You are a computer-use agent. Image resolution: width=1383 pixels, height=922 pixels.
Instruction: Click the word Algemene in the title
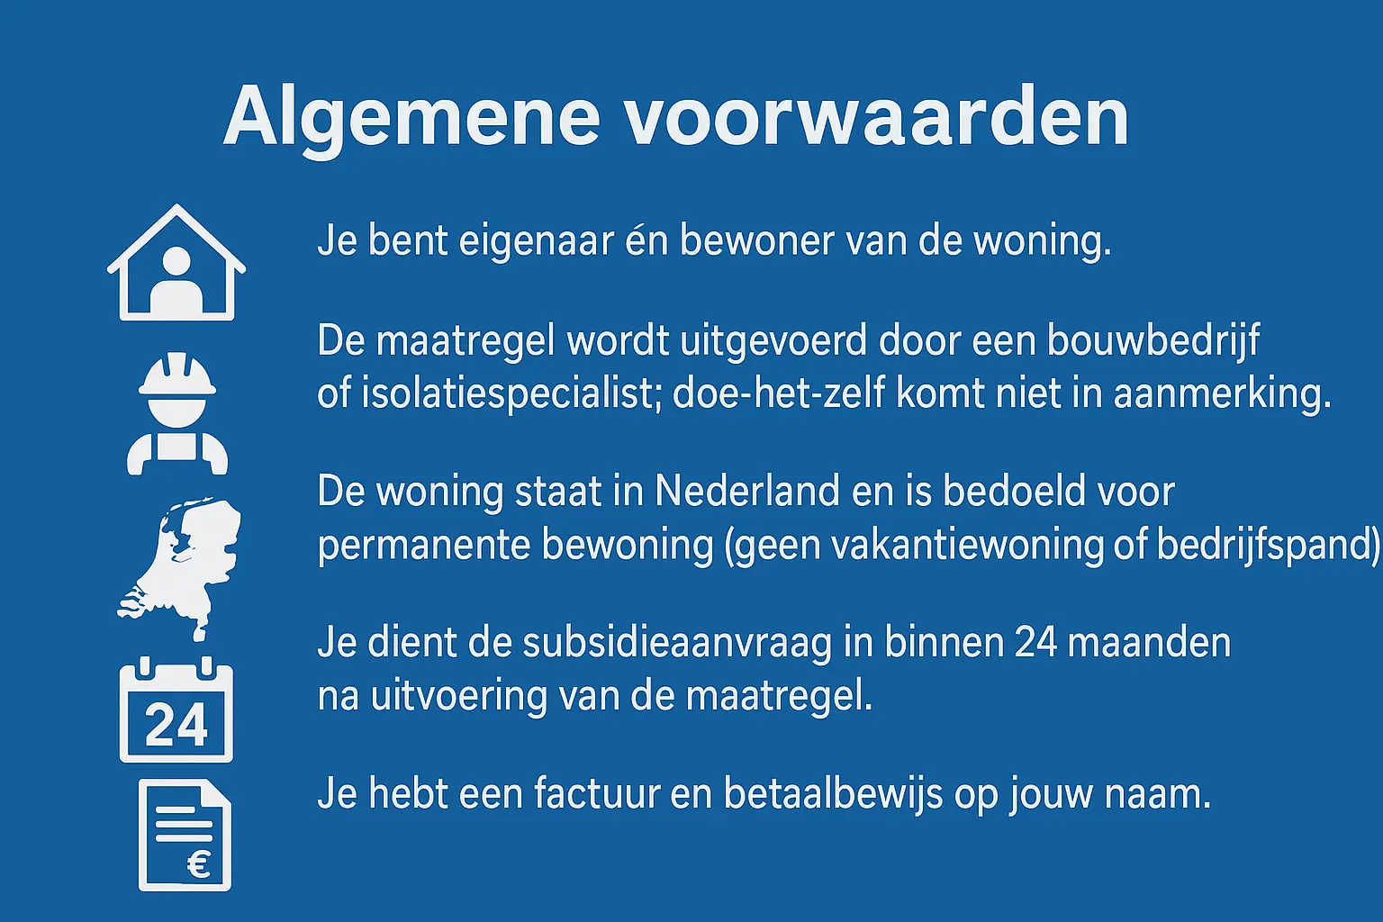point(411,121)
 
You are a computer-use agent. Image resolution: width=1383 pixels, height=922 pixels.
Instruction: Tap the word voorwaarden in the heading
point(877,116)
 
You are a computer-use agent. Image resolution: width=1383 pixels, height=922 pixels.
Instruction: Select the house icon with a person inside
point(176,262)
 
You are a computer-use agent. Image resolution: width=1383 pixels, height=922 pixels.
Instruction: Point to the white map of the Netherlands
point(179,568)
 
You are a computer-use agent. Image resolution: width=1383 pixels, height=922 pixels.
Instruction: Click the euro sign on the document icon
point(199,864)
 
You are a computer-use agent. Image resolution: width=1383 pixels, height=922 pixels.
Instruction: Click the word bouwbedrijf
point(1153,341)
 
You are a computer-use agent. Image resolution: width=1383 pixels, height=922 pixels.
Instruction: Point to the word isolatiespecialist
point(507,394)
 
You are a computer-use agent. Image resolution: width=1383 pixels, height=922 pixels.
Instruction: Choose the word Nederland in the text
point(747,492)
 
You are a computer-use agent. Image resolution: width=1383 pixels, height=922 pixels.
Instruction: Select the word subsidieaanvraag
point(677,644)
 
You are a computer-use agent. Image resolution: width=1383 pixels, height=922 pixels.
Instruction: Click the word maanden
point(1149,643)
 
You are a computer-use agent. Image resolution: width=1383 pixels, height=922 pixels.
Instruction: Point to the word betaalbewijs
point(833,795)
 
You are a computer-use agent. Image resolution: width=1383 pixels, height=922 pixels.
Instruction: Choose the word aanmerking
point(1223,395)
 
